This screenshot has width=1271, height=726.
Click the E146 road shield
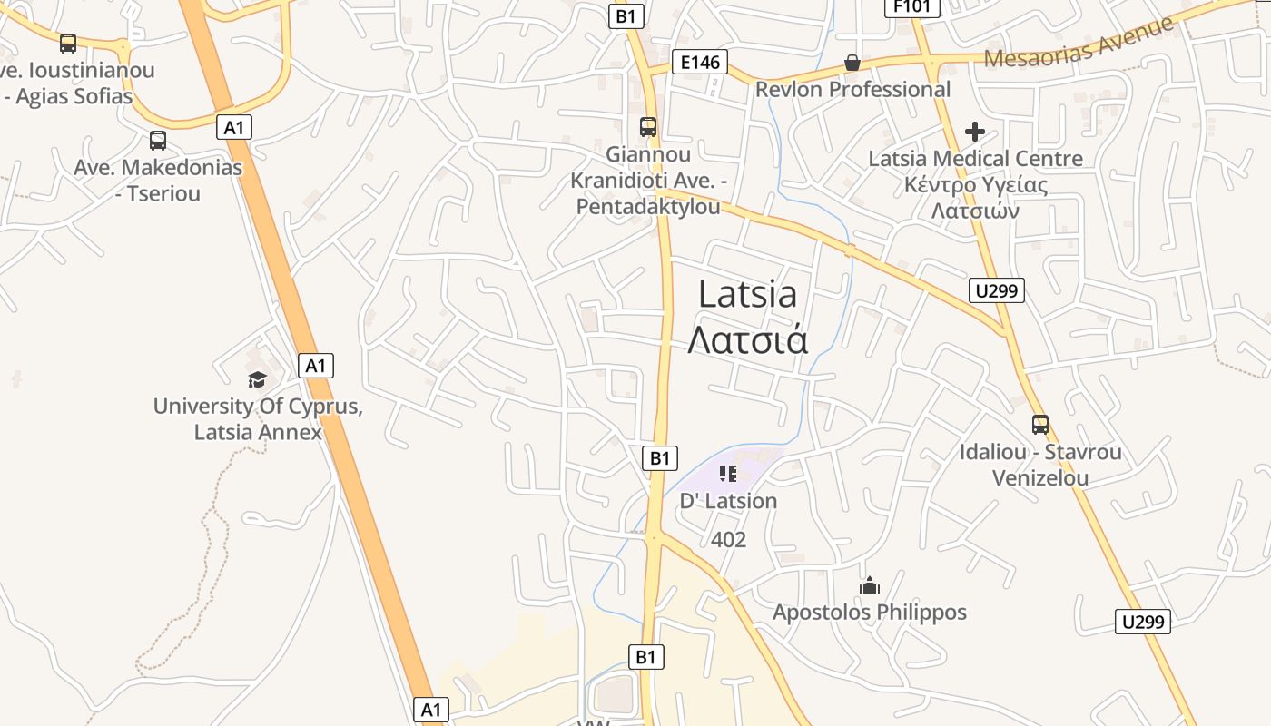pyautogui.click(x=700, y=62)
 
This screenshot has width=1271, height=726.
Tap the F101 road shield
pyautogui.click(x=911, y=7)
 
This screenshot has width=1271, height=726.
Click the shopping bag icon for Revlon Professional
pyautogui.click(x=852, y=63)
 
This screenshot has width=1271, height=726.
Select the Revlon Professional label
pyautogui.click(x=852, y=89)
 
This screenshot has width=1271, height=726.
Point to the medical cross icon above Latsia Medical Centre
pyautogui.click(x=975, y=132)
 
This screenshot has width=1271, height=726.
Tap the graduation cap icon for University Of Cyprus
pyautogui.click(x=257, y=379)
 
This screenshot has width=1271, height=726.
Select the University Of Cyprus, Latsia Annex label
pyautogui.click(x=258, y=418)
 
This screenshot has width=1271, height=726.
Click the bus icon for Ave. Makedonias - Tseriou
pyautogui.click(x=158, y=141)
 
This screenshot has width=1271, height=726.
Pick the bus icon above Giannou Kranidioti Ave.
pyautogui.click(x=648, y=127)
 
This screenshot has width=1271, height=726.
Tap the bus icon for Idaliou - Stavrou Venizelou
pyautogui.click(x=1040, y=424)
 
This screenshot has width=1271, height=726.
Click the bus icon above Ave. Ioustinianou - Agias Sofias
pyautogui.click(x=68, y=43)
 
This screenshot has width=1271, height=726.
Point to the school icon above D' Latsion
pyautogui.click(x=727, y=474)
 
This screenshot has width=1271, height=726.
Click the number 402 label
pyautogui.click(x=728, y=540)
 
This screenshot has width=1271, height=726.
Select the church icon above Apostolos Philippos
pyautogui.click(x=870, y=585)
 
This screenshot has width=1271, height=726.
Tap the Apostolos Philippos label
pyautogui.click(x=869, y=613)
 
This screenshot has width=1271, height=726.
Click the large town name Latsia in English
pyautogui.click(x=748, y=293)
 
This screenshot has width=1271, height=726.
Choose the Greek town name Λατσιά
pyautogui.click(x=748, y=339)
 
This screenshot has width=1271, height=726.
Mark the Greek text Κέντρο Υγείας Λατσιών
pyautogui.click(x=976, y=198)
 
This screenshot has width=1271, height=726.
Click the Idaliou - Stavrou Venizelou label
pyautogui.click(x=1040, y=464)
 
